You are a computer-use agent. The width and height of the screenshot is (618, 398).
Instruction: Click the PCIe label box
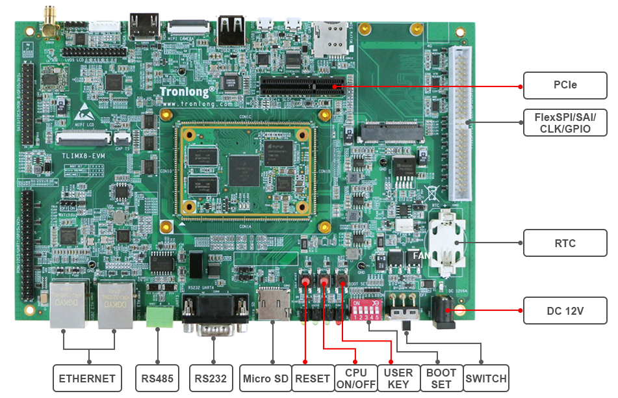(x=565, y=85)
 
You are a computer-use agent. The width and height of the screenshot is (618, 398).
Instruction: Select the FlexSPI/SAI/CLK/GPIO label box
(x=565, y=122)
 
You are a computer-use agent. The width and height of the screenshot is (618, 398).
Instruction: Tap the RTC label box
(x=565, y=243)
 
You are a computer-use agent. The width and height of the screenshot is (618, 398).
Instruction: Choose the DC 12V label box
(x=565, y=311)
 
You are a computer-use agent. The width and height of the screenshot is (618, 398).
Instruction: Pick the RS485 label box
(x=157, y=378)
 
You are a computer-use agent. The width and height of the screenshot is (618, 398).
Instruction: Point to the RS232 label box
(x=211, y=378)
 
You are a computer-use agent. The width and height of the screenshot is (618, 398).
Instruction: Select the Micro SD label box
(x=265, y=378)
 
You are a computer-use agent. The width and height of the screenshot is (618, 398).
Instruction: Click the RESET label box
(x=313, y=378)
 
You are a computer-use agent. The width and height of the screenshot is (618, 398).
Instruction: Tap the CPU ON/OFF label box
(x=356, y=378)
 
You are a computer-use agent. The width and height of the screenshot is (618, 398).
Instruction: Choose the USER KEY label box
(x=398, y=378)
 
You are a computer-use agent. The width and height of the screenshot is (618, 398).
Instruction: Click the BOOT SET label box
(x=441, y=378)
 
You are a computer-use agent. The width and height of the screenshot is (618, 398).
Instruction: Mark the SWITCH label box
(x=486, y=378)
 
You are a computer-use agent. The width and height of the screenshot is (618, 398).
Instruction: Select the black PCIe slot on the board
(x=302, y=85)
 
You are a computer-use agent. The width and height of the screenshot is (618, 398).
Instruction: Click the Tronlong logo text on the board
(x=188, y=92)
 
